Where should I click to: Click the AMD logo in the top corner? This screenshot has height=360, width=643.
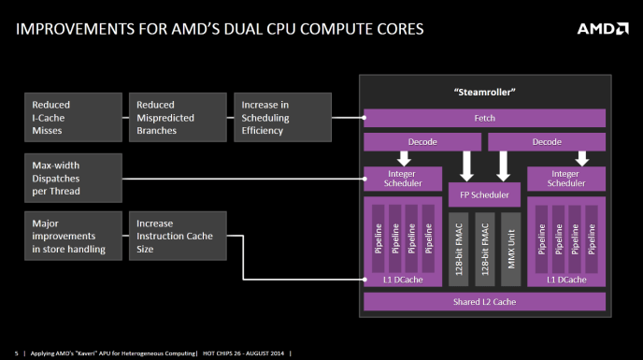(x=602, y=28)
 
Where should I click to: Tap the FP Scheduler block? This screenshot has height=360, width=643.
(x=484, y=195)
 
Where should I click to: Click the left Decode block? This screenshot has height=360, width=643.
(x=422, y=142)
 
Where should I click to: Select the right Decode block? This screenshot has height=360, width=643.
(x=547, y=142)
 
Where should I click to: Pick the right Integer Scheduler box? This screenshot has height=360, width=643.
(x=565, y=178)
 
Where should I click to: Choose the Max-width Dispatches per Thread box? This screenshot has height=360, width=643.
(x=73, y=178)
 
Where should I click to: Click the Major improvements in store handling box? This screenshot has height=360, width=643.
(x=73, y=237)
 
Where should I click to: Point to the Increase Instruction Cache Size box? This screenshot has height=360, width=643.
(x=177, y=237)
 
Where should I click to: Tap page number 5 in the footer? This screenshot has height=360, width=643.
(x=16, y=353)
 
